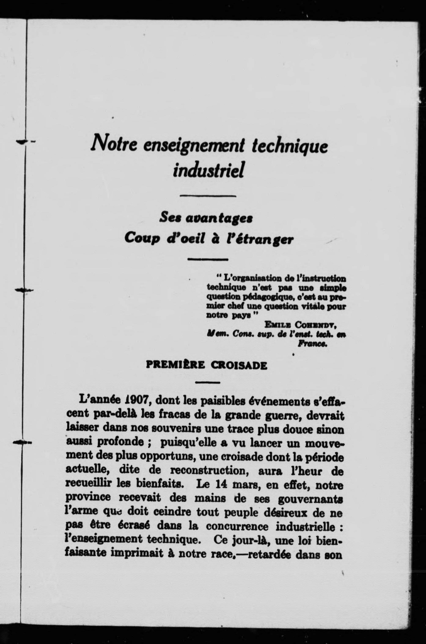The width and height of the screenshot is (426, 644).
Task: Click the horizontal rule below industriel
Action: [x=208, y=195]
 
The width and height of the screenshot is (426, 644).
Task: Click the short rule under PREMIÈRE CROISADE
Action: [x=208, y=383]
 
